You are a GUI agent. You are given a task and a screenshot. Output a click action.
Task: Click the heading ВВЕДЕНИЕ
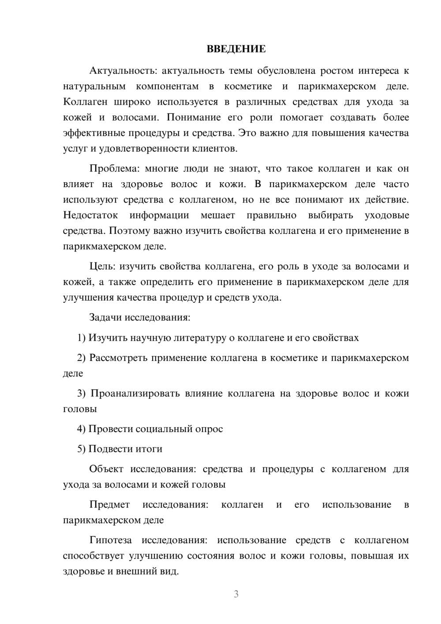click(236, 49)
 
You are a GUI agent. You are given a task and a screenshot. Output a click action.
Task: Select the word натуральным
click(94, 86)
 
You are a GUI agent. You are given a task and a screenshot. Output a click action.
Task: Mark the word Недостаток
click(90, 215)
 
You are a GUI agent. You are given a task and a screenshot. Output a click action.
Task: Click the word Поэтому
click(128, 231)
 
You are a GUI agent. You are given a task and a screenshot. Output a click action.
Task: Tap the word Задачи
click(105, 317)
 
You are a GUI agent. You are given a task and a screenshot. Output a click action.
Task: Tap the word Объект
click(106, 469)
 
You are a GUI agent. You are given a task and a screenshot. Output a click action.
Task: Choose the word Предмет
click(109, 504)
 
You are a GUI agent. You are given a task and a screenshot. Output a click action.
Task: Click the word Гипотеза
click(111, 540)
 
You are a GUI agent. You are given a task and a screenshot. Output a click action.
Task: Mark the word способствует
click(93, 556)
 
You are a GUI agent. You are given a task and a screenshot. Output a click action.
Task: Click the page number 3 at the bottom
click(236, 594)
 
